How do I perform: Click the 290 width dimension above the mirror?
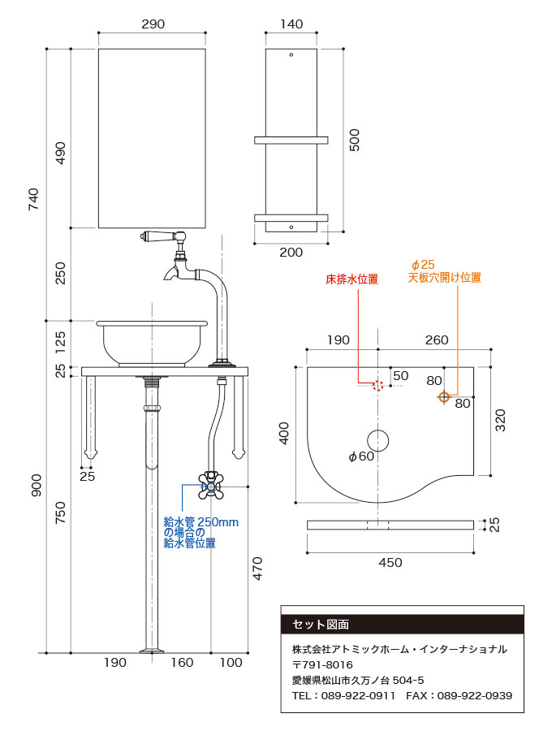coord(153,24)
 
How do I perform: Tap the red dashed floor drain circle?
coord(377,385)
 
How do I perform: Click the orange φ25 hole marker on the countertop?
coord(443,396)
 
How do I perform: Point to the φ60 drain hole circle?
coord(377,440)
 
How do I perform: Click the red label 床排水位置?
coord(351,279)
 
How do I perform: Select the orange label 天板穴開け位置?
coord(444,278)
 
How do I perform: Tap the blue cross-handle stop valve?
coord(211,485)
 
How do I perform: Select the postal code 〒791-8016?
coord(322,665)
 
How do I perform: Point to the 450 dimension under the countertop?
coord(390,562)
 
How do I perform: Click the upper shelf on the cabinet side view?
coord(291,141)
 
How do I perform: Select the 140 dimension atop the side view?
coord(291,24)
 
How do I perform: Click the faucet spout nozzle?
coord(167,275)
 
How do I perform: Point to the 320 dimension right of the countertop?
coord(501,419)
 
